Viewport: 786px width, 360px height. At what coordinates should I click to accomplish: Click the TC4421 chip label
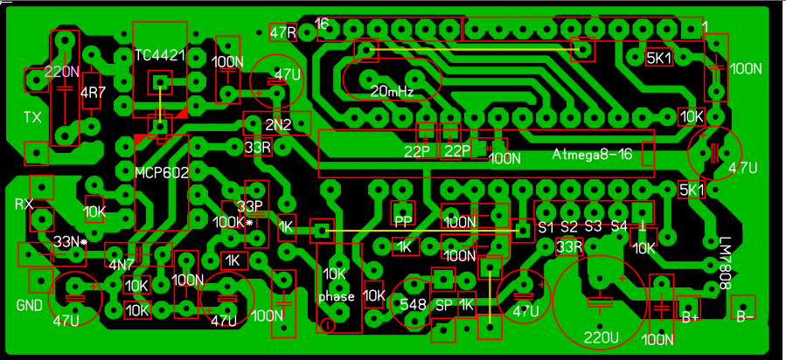pos(160,54)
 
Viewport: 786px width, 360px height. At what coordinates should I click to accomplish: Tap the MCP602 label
pos(162,173)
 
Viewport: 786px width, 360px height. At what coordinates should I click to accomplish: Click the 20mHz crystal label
pos(393,91)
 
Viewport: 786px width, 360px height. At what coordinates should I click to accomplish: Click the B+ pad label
pos(690,316)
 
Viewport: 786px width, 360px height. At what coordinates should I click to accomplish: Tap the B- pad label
pos(745,316)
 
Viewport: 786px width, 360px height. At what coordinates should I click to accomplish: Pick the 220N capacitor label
pos(62,72)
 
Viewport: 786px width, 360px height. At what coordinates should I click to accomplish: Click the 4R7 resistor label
pos(90,93)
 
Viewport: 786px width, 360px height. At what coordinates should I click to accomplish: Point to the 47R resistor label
pos(284,33)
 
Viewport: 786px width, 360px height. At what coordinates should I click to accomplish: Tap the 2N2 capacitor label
pos(278,125)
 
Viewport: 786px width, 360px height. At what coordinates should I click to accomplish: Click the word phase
pos(337,296)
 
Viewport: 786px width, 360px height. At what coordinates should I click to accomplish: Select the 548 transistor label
pos(413,304)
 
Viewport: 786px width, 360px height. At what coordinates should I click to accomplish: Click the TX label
pos(32,117)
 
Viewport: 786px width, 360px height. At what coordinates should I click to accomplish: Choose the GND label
pos(29,305)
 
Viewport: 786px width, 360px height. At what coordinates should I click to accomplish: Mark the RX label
pos(24,204)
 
